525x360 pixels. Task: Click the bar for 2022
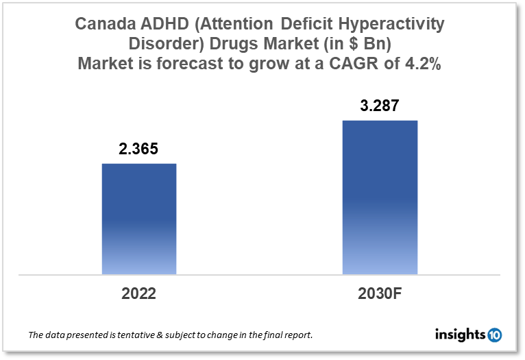click(x=139, y=219)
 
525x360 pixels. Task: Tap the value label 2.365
click(x=139, y=149)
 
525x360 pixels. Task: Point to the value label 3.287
click(x=380, y=106)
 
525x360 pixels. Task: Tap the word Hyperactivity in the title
click(x=395, y=25)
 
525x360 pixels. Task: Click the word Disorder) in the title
click(x=162, y=44)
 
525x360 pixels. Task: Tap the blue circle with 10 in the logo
click(x=493, y=335)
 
